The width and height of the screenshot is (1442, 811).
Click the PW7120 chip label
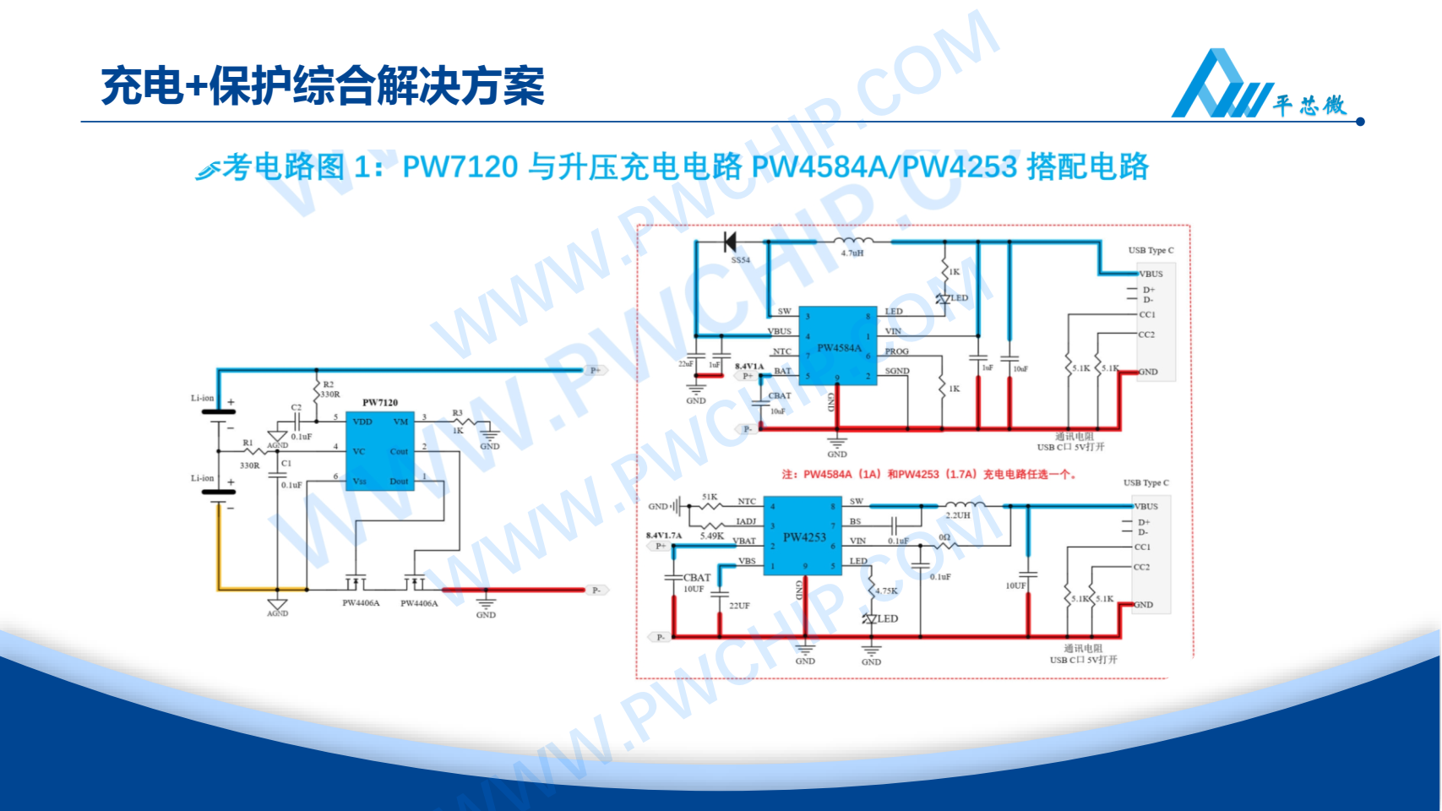click(x=380, y=402)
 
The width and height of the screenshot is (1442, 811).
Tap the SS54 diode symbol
click(x=730, y=242)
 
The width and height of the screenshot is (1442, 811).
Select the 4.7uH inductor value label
click(x=852, y=253)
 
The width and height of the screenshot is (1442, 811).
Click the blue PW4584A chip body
click(x=837, y=346)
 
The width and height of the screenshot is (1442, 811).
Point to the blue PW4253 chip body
click(x=803, y=536)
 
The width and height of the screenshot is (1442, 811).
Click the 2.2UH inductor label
click(x=958, y=515)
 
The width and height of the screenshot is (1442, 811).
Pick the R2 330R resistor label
click(x=329, y=389)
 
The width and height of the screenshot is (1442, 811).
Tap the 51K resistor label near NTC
click(x=710, y=497)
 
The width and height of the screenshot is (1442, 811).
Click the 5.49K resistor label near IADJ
click(x=711, y=536)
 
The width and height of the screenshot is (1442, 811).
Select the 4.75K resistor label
click(x=886, y=591)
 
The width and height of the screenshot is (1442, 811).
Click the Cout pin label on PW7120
click(x=399, y=451)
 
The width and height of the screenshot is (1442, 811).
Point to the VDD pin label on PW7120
click(x=362, y=422)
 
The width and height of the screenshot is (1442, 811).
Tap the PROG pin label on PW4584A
click(x=896, y=351)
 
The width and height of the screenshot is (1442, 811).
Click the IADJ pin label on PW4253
click(x=746, y=521)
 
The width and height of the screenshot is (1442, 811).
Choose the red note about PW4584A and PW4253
click(x=928, y=474)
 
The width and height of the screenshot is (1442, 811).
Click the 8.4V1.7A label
click(x=664, y=535)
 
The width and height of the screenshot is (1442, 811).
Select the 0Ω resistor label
click(x=944, y=537)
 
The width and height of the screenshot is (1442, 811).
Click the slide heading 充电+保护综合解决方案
click(x=323, y=86)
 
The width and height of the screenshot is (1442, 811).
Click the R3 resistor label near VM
click(x=457, y=413)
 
